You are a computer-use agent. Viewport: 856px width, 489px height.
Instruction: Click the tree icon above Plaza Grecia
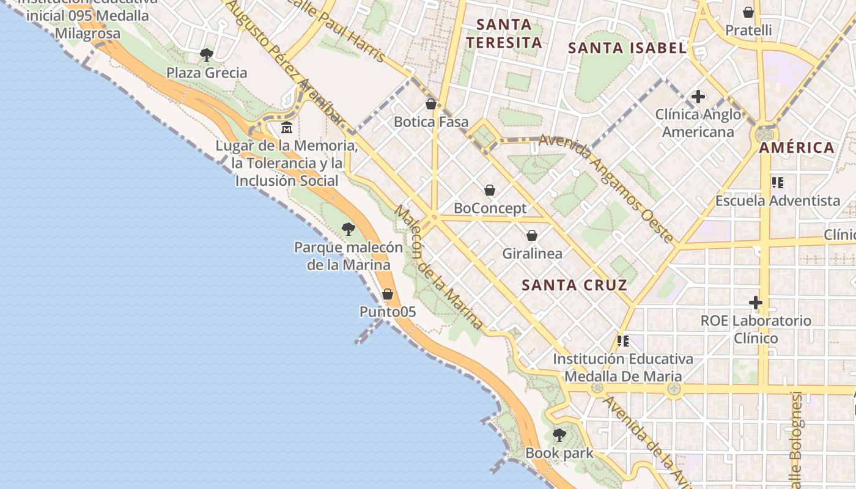tap(207, 55)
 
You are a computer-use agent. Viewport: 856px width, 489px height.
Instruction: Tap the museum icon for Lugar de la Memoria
tap(286, 128)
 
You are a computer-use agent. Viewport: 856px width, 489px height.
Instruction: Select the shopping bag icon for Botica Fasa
tap(431, 104)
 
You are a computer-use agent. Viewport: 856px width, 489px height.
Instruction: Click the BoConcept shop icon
tap(489, 190)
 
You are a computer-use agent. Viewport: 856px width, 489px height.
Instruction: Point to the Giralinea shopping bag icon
tap(532, 235)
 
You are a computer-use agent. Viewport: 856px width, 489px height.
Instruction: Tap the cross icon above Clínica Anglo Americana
tap(698, 97)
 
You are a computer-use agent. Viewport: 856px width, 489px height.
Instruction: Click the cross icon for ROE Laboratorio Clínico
tap(756, 303)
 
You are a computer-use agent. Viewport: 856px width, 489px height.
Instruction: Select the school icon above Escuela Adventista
tap(778, 182)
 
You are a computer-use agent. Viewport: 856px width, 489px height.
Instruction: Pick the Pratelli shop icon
tap(748, 12)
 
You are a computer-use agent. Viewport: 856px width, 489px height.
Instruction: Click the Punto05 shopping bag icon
tap(387, 294)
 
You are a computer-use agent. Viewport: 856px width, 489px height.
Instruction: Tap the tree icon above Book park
tap(559, 435)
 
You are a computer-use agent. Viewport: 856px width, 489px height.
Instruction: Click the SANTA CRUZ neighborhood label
tap(575, 285)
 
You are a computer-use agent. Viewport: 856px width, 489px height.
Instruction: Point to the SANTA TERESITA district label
tap(503, 34)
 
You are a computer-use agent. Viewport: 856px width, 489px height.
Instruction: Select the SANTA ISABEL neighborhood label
tap(627, 48)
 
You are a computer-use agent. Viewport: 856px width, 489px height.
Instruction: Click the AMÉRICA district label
tap(797, 147)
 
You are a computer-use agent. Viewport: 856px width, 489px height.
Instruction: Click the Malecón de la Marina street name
tap(438, 267)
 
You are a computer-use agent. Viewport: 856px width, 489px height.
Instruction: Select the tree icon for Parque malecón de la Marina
tap(349, 229)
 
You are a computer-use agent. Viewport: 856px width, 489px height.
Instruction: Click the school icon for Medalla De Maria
tap(623, 340)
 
